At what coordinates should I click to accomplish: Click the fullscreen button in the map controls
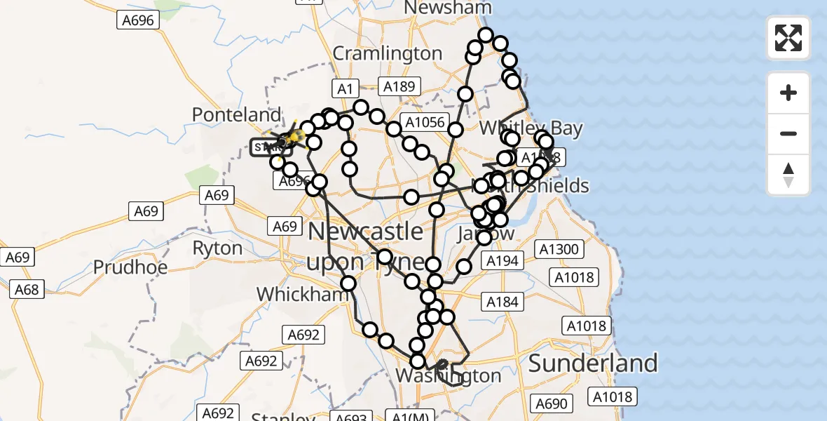point(788,38)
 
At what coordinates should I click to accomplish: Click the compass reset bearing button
point(788,175)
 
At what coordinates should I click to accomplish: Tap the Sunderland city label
point(593,363)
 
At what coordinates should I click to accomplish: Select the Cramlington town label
point(387,53)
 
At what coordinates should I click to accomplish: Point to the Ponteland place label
point(236,114)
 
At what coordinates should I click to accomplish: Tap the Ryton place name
point(217,248)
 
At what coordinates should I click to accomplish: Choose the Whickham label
point(303,293)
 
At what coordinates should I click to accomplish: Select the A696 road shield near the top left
point(137,20)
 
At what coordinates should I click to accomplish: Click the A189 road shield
point(399,87)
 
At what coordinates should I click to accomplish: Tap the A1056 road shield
point(424,122)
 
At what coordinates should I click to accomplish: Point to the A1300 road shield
point(558,249)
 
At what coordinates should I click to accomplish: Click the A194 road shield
point(502,261)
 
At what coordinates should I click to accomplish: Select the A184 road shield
point(502,302)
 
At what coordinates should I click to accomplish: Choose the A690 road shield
point(550,403)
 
